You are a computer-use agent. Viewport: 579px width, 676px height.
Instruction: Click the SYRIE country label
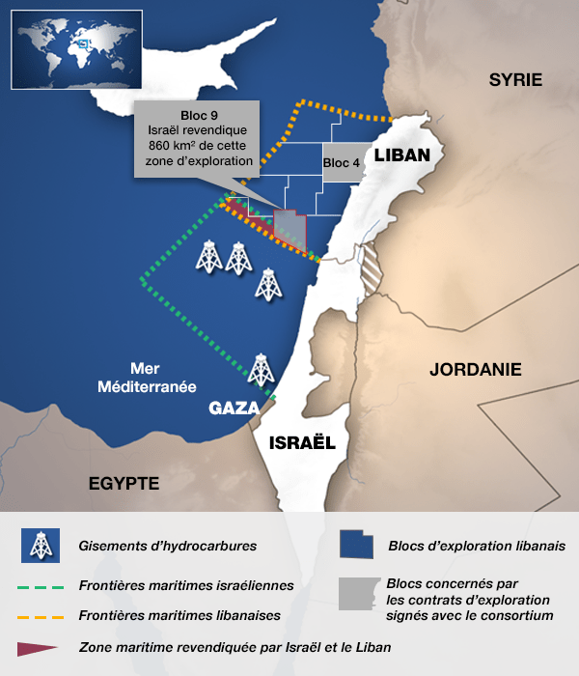pyautogui.click(x=515, y=79)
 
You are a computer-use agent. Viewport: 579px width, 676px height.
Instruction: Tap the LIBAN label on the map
pyautogui.click(x=401, y=155)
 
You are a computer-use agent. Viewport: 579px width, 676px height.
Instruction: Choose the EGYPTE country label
pyautogui.click(x=124, y=483)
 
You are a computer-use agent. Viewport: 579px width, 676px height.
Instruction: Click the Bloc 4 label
pyautogui.click(x=342, y=163)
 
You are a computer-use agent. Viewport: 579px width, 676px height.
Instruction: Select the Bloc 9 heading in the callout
pyautogui.click(x=199, y=117)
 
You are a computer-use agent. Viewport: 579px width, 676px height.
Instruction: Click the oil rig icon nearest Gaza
pyautogui.click(x=260, y=370)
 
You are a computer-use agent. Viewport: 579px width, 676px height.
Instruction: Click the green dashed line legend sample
pyautogui.click(x=41, y=586)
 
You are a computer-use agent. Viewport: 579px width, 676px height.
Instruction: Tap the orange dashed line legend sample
pyautogui.click(x=41, y=615)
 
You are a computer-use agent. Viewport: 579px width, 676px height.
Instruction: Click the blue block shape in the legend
pyautogui.click(x=358, y=545)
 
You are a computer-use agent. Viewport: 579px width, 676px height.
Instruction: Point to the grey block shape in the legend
pyautogui.click(x=358, y=597)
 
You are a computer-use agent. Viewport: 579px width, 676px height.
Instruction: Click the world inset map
pyautogui.click(x=76, y=49)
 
